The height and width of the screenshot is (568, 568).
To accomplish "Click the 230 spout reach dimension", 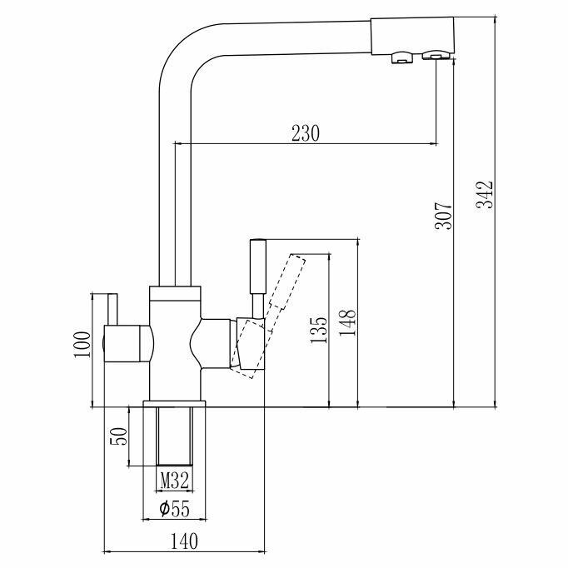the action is click(x=304, y=133).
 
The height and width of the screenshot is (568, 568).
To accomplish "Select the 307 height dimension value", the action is click(x=443, y=216).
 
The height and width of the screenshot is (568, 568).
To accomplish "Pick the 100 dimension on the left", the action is click(x=81, y=342).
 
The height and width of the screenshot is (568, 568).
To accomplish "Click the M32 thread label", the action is click(x=174, y=480).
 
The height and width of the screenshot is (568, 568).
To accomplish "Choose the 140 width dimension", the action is click(x=184, y=541).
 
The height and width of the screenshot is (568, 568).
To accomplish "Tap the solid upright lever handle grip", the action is click(x=257, y=267).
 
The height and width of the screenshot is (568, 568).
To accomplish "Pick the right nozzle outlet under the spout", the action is click(x=434, y=56).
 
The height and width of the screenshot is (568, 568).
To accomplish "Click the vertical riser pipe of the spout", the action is click(x=176, y=208).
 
